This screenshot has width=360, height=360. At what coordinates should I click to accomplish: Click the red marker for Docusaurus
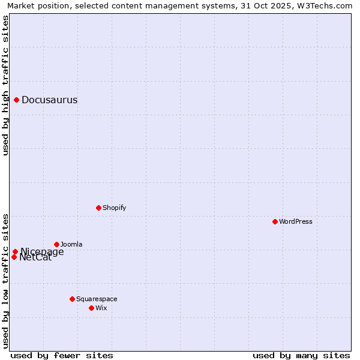17,100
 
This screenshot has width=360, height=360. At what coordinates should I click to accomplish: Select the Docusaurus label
49,100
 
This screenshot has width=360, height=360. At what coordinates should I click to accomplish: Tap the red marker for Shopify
98,208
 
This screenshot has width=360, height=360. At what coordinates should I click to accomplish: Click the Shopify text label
114,208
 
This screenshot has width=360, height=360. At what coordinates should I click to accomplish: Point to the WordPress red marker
275,221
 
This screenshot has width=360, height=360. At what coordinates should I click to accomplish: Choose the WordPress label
295,222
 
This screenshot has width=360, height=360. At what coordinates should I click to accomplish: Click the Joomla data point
57,244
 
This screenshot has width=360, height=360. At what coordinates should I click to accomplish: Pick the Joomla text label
71,245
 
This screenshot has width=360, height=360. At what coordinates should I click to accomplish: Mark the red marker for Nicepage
16,252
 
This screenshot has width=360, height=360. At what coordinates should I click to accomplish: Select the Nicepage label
42,252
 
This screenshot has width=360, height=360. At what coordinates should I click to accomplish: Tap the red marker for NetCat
14,257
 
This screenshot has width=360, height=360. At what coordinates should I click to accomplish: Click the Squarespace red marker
73,299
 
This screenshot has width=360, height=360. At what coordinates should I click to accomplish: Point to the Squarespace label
97,299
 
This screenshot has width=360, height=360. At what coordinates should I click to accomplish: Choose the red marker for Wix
92,308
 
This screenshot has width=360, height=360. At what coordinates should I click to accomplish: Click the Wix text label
101,308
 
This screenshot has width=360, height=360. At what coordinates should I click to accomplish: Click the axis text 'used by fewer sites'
62,355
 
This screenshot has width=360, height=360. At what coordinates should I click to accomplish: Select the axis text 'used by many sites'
301,355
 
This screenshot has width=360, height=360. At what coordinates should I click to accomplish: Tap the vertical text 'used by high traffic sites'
5,85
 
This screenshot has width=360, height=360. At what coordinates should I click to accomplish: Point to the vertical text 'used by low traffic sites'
5,280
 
